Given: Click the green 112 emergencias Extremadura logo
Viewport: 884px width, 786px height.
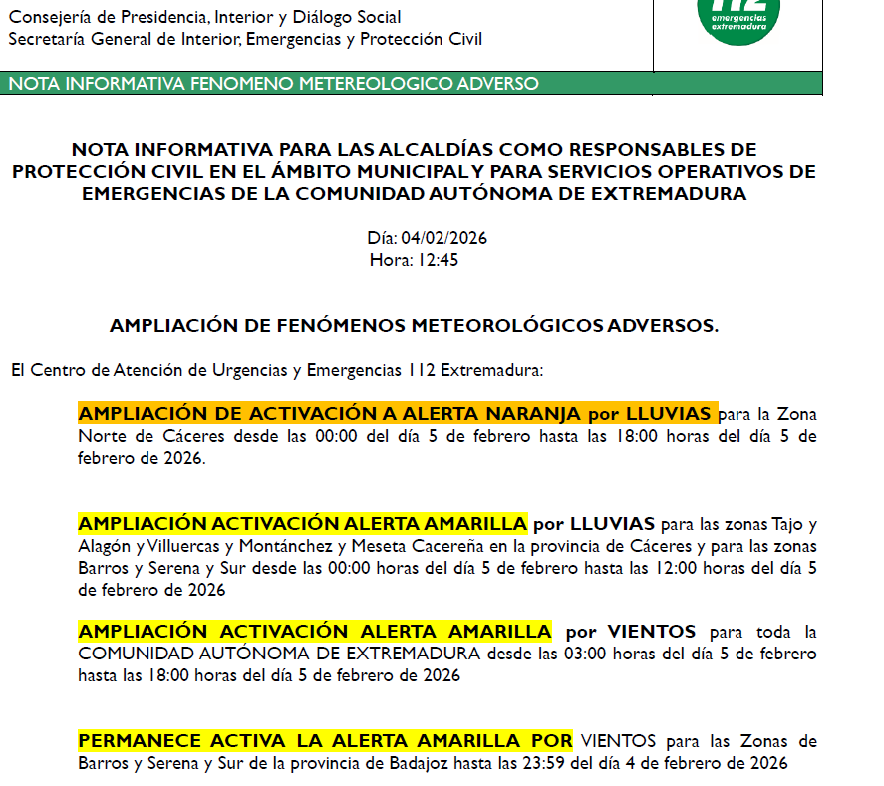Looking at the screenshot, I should pyautogui.click(x=738, y=17).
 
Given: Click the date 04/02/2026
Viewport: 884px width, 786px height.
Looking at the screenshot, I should pyautogui.click(x=443, y=239).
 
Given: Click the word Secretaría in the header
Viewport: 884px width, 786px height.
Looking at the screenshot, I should pyautogui.click(x=47, y=39).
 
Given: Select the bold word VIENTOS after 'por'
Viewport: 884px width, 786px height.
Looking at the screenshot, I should pyautogui.click(x=652, y=632).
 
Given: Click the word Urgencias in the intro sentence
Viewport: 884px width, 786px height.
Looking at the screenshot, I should pyautogui.click(x=244, y=371).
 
